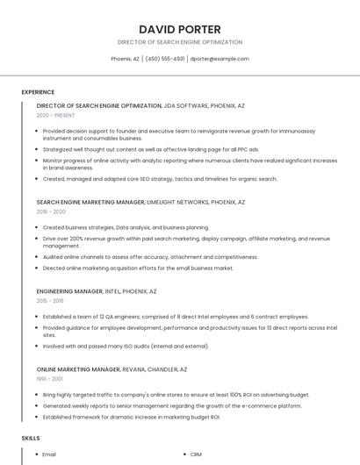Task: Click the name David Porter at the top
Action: coord(180,29)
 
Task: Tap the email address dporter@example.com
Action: coord(220,59)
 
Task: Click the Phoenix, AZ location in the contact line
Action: coord(125,59)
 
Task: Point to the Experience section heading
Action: coord(38,92)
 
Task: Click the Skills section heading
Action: coord(31,437)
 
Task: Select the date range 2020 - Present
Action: coord(55,115)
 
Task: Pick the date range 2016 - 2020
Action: coord(51,211)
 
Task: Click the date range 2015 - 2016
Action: coord(51,301)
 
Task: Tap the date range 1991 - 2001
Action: coord(50,380)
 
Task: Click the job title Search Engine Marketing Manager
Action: coord(90,202)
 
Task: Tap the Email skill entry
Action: coord(49,454)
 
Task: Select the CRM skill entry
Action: coord(196,454)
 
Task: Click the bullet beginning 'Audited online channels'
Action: coord(150,257)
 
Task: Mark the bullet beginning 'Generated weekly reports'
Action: coord(171,406)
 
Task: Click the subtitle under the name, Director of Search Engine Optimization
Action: coord(180,42)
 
